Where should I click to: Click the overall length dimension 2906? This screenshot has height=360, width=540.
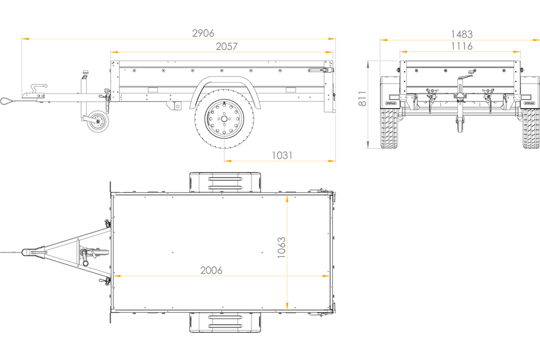pyautogui.click(x=203, y=33)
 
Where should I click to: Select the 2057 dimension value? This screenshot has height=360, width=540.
pyautogui.click(x=227, y=46)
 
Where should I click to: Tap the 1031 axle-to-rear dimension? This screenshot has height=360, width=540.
pyautogui.click(x=282, y=155)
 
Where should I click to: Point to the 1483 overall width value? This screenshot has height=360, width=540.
pyautogui.click(x=462, y=34)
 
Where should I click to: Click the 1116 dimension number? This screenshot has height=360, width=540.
pyautogui.click(x=462, y=46)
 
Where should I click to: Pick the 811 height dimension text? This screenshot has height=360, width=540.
pyautogui.click(x=362, y=99)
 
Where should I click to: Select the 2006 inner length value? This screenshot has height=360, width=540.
pyautogui.click(x=211, y=270)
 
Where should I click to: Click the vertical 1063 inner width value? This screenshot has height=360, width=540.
pyautogui.click(x=282, y=247)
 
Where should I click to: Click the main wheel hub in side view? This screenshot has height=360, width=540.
pyautogui.click(x=224, y=119)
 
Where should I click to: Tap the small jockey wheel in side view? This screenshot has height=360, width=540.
pyautogui.click(x=98, y=121)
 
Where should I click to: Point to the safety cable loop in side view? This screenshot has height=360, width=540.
pyautogui.click(x=7, y=101)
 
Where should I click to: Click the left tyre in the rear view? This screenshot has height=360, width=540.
pyautogui.click(x=389, y=129)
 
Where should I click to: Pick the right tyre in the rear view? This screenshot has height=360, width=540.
pyautogui.click(x=531, y=129)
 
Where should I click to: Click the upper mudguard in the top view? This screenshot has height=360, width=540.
pyautogui.click(x=225, y=182)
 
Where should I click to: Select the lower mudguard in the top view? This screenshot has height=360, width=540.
pyautogui.click(x=225, y=323)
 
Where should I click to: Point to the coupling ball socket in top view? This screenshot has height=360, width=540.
pyautogui.click(x=27, y=252)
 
